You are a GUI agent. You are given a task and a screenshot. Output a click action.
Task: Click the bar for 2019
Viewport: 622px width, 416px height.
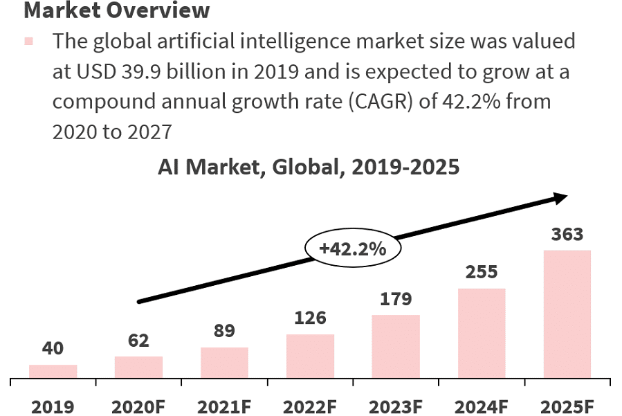pos(53,371)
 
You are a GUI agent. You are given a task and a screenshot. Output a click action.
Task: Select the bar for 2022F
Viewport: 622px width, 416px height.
pos(310,356)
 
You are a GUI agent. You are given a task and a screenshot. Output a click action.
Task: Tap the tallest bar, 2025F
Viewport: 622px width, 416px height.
pos(567,314)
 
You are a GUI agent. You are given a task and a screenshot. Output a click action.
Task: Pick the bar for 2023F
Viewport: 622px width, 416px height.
pos(396,346)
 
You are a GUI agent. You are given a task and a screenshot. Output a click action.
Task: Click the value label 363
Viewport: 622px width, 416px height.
pos(567,234)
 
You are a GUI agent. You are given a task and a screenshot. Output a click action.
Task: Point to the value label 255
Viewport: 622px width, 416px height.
pos(482,272)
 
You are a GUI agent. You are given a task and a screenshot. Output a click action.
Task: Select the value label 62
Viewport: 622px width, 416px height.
pos(138,341)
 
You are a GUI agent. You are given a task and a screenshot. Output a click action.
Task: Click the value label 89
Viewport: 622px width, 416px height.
pos(224,332)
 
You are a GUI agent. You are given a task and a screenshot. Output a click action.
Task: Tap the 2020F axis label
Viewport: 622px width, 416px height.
pos(138,406)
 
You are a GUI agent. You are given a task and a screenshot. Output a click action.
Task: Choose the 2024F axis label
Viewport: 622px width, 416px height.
pos(482,406)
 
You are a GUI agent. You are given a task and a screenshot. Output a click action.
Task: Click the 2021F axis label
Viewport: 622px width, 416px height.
pos(224,406)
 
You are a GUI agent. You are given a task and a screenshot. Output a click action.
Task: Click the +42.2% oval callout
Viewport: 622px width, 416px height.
pos(353,248)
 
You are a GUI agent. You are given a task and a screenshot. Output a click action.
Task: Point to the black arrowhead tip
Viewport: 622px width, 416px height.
pos(566,196)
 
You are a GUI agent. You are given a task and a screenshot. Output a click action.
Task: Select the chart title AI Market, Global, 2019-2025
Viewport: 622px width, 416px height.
pos(309,167)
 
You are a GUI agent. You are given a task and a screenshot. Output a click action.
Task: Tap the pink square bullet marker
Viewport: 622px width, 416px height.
pos(28,42)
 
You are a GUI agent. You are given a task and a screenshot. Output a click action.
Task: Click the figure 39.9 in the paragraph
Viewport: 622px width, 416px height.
pos(138,71)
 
